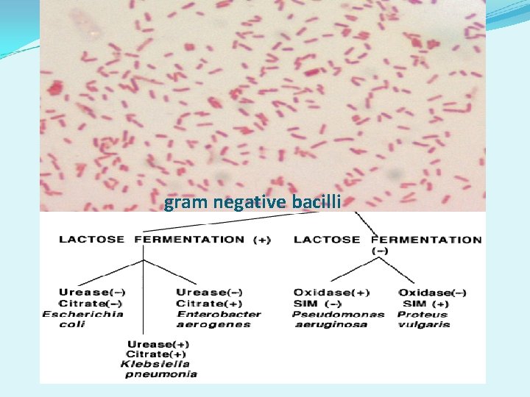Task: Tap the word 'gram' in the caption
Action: coord(183,203)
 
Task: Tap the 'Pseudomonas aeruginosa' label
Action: coord(338,319)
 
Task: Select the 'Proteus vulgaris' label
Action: coord(424,319)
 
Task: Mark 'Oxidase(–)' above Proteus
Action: coord(432,293)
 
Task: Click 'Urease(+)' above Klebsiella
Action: coord(158,344)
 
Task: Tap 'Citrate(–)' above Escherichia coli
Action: coord(91,303)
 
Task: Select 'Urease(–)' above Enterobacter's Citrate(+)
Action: coord(210,293)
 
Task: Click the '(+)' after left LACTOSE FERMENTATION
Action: coord(261,239)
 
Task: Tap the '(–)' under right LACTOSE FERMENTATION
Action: coord(381,250)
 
